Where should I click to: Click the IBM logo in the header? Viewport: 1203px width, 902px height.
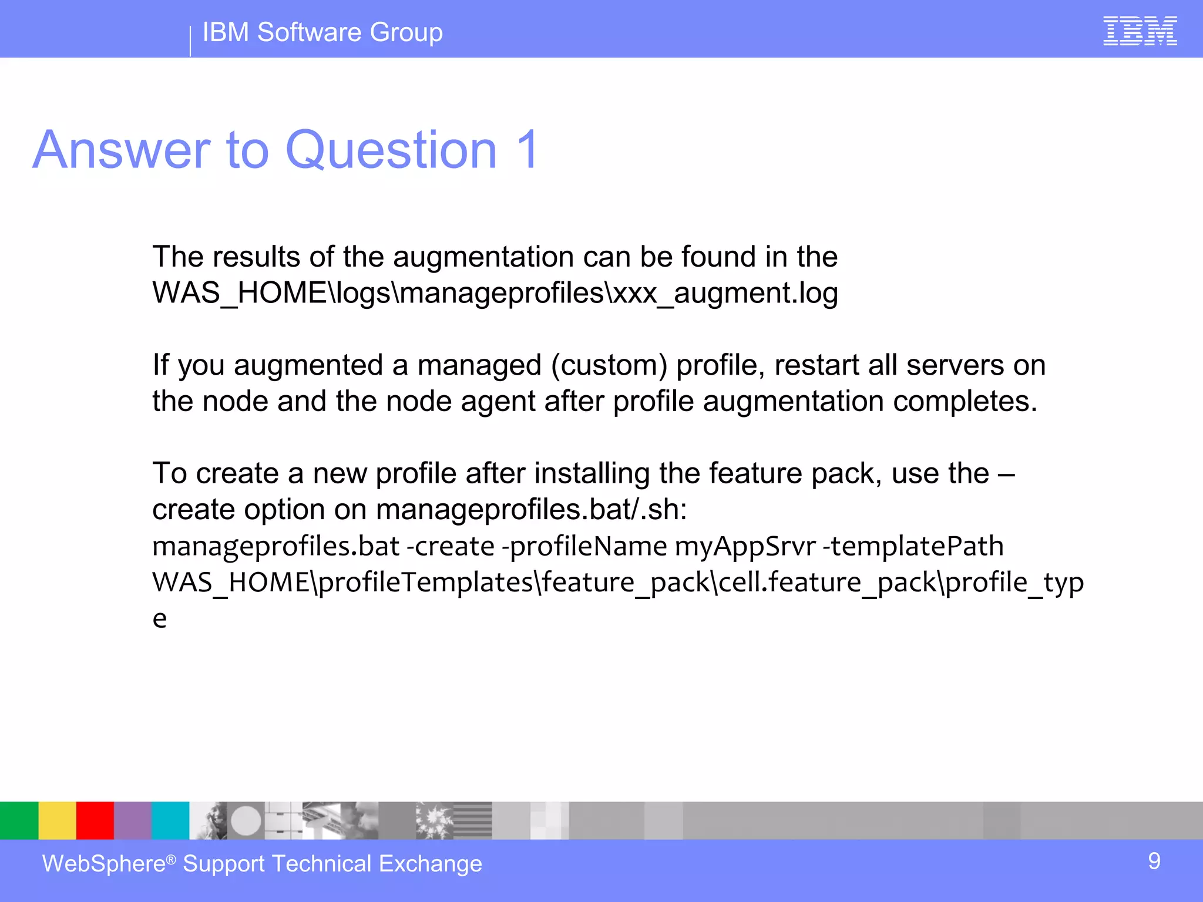coord(1140,31)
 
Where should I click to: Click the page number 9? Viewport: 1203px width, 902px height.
coord(1154,861)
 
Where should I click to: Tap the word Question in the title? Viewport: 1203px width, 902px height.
coord(391,150)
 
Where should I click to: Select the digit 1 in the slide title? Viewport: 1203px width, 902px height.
coord(527,150)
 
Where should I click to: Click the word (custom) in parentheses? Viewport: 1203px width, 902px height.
coord(609,365)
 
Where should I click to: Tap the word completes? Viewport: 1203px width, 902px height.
coord(965,402)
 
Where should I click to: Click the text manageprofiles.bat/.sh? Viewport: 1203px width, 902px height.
coord(531,510)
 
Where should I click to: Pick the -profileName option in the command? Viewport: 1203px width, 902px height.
coord(584,547)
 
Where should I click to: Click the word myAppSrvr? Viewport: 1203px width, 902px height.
coord(745,547)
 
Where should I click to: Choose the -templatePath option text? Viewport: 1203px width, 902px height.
coord(913,547)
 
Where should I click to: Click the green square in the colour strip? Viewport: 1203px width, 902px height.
coord(19,820)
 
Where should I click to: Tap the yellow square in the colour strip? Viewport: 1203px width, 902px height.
coord(57,820)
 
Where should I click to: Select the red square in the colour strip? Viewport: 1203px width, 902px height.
coord(95,820)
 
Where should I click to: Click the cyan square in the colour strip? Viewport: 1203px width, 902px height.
coord(170,820)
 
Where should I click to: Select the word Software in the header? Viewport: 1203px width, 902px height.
coord(309,32)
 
